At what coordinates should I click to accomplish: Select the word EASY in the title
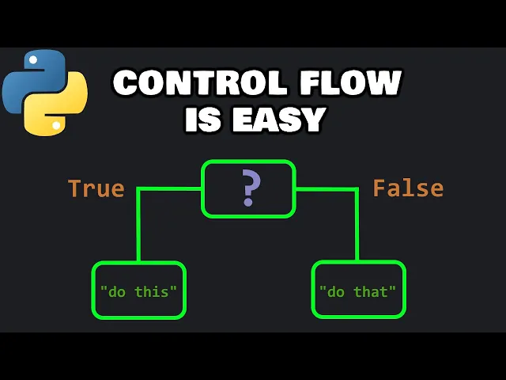pyautogui.click(x=280, y=119)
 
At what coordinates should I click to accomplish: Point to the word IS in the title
pyautogui.click(x=203, y=119)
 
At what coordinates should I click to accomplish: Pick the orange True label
pyautogui.click(x=96, y=188)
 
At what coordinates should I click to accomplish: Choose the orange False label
pyautogui.click(x=408, y=188)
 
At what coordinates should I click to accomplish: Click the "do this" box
pyautogui.click(x=139, y=291)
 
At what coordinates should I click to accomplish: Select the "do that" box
pyautogui.click(x=358, y=291)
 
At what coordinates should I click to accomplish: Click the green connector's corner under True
pyautogui.click(x=139, y=189)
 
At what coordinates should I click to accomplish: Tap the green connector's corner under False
pyautogui.click(x=357, y=189)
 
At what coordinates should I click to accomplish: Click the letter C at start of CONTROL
pyautogui.click(x=126, y=84)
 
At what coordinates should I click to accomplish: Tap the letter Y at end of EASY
pyautogui.click(x=313, y=119)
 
